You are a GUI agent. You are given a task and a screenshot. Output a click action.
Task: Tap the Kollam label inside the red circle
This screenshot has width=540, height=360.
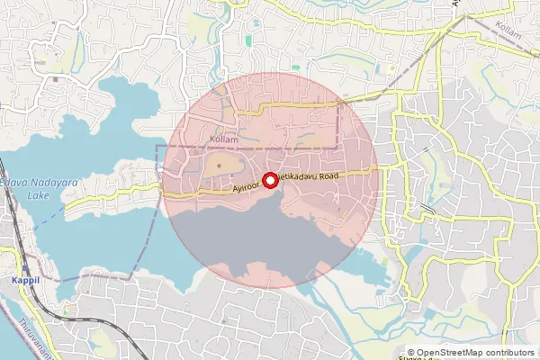point(223,139)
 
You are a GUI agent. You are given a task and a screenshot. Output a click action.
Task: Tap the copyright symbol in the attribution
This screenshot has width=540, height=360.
point(411,353)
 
